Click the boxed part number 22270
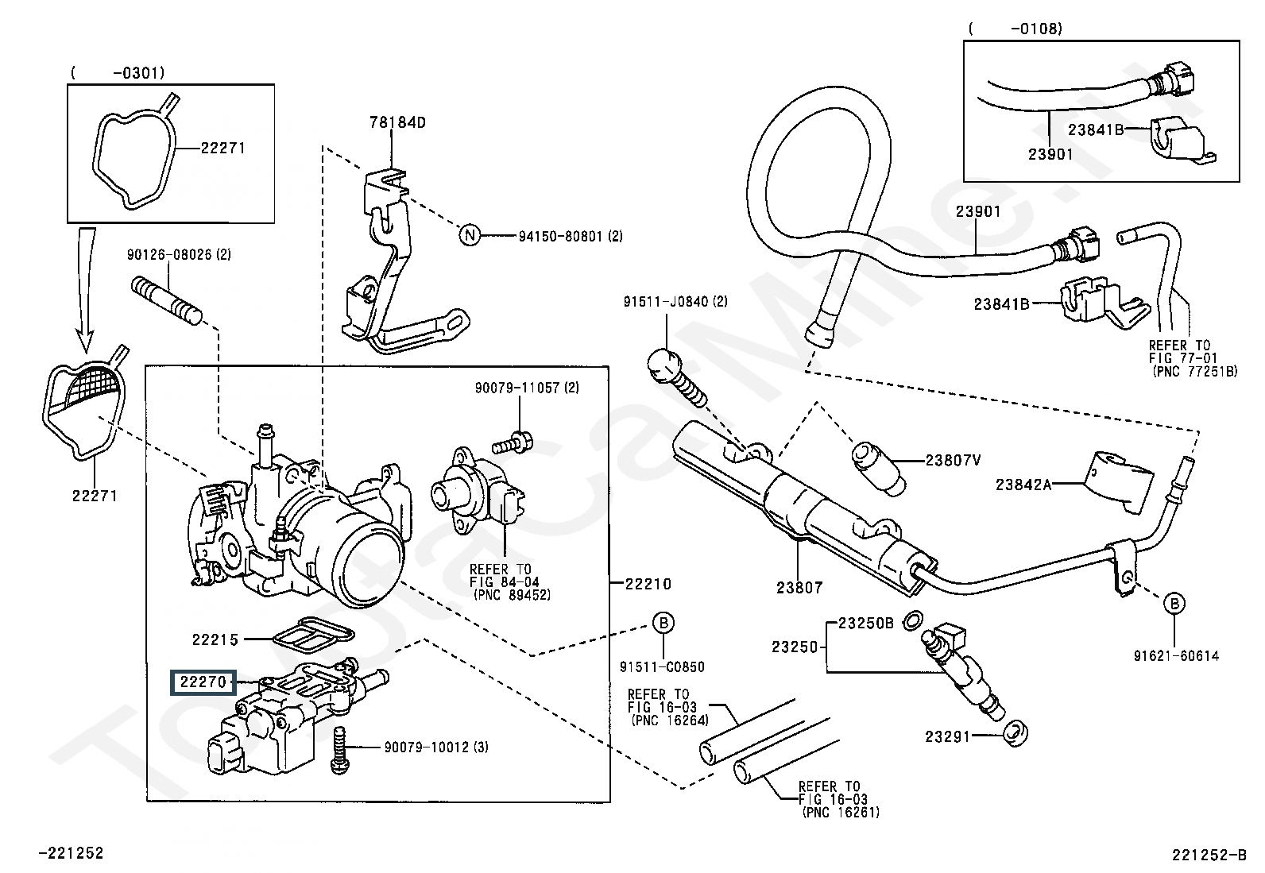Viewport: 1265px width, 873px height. pyautogui.click(x=203, y=682)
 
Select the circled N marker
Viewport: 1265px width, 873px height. pyautogui.click(x=470, y=234)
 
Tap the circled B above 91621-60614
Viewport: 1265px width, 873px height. pyautogui.click(x=1174, y=604)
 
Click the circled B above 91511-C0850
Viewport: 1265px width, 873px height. pyautogui.click(x=663, y=623)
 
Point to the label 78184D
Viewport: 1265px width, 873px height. pyautogui.click(x=397, y=122)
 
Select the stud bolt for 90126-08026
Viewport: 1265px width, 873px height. pyautogui.click(x=167, y=299)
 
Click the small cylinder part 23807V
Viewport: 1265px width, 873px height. pyautogui.click(x=878, y=469)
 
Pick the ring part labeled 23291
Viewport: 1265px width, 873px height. pyautogui.click(x=1015, y=734)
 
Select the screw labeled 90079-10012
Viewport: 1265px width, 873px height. pyautogui.click(x=339, y=751)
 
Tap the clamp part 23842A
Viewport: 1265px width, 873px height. pyautogui.click(x=1118, y=481)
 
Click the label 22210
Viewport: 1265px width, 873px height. pyautogui.click(x=648, y=584)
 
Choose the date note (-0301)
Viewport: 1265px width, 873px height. pyautogui.click(x=118, y=73)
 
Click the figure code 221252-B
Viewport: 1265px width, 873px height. pyautogui.click(x=1209, y=856)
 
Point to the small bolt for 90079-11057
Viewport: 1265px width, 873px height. pyautogui.click(x=513, y=442)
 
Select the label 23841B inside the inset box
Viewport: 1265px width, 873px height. pyautogui.click(x=1096, y=129)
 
